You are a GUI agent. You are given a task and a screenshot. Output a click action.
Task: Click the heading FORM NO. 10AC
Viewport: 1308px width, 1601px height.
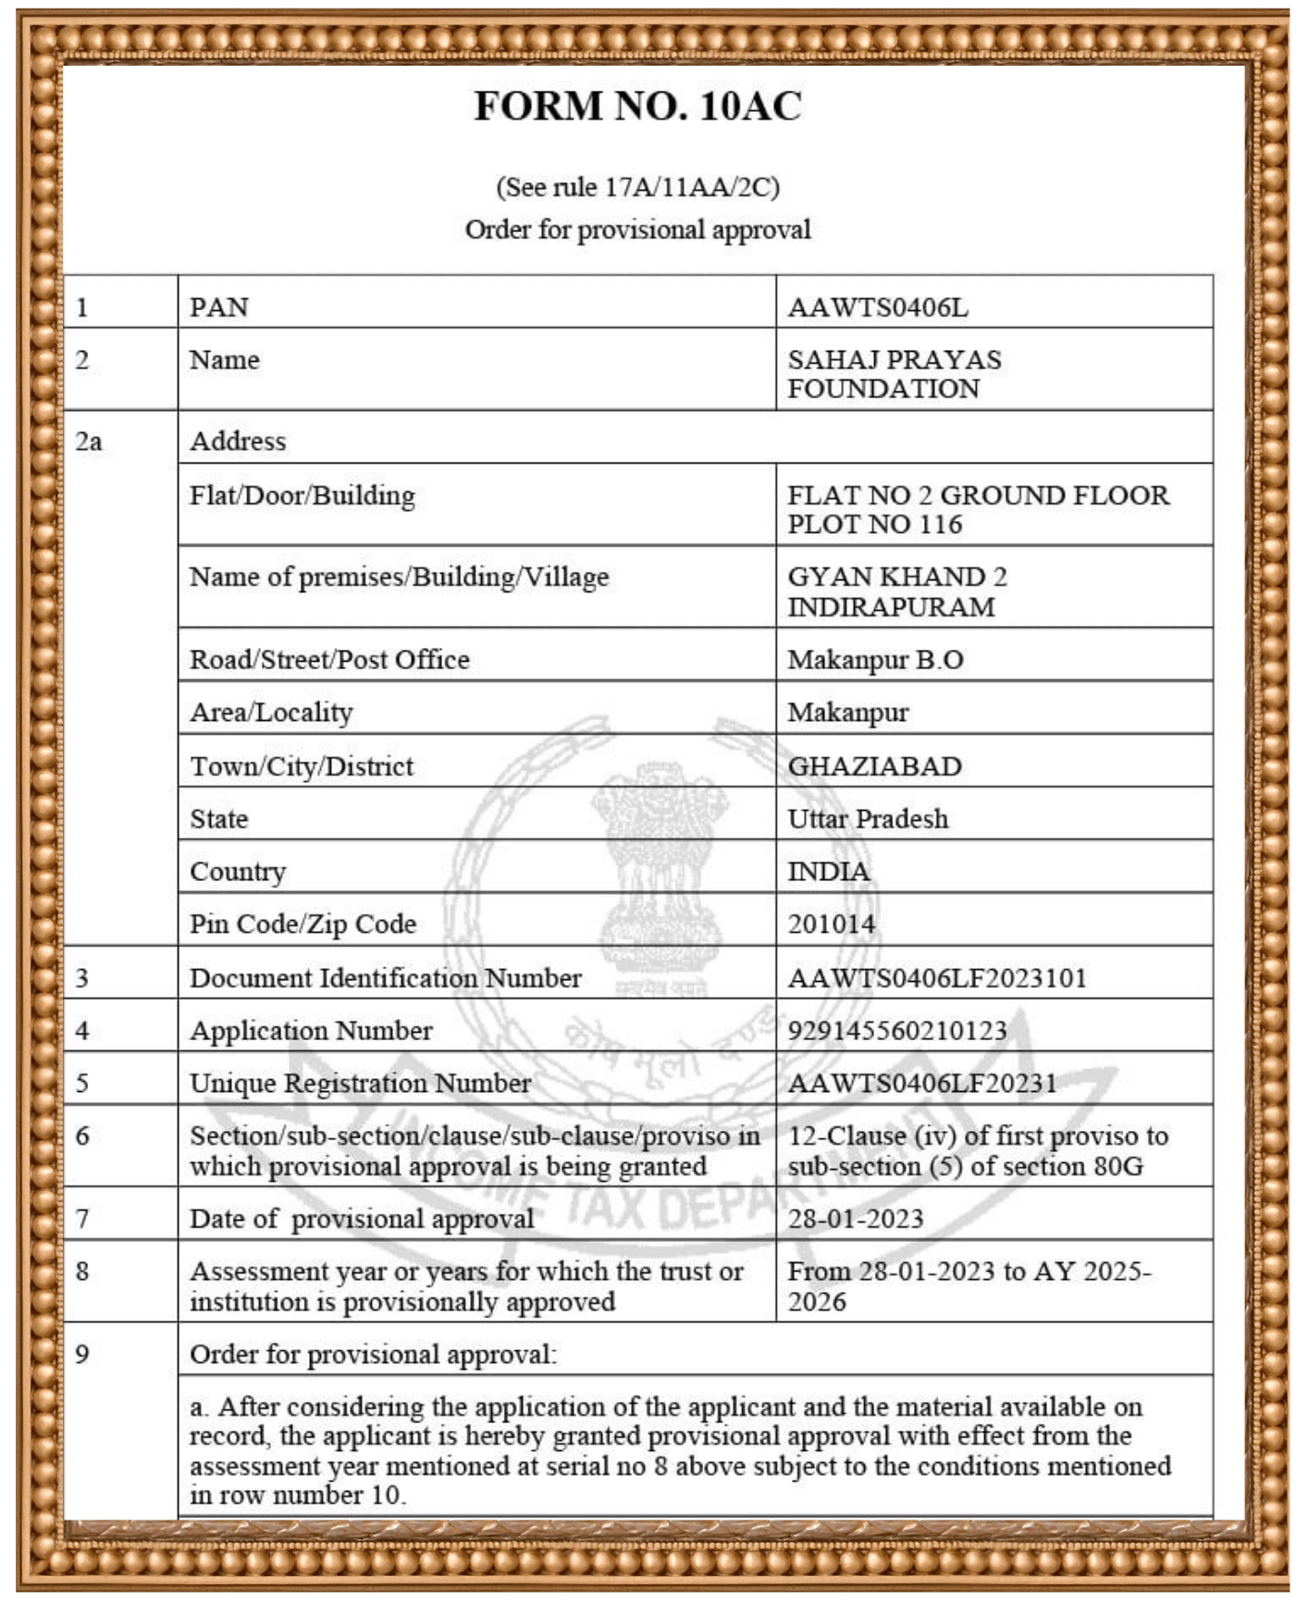637,106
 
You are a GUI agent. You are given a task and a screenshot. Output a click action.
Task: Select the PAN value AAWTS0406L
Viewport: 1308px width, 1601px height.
878,307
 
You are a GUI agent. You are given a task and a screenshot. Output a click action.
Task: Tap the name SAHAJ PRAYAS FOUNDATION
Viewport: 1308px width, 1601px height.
894,374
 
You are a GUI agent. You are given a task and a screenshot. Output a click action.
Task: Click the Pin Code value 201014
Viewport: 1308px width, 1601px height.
831,924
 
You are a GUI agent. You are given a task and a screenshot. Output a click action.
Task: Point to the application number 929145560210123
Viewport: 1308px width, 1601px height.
896,1030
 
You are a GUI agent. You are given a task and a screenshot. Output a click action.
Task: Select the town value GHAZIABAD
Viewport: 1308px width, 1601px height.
874,766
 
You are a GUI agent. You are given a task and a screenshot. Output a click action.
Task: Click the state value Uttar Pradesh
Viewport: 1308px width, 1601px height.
868,819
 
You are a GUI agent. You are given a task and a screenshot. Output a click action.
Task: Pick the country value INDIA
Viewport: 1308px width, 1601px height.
828,872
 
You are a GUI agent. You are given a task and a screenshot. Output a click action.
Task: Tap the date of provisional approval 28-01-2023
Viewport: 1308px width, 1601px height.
856,1219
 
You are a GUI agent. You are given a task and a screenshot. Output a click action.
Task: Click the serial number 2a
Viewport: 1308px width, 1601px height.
89,441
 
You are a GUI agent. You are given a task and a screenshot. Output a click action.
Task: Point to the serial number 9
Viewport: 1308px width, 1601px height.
82,1354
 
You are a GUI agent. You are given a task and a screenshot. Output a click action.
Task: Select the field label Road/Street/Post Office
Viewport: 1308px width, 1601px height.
329,660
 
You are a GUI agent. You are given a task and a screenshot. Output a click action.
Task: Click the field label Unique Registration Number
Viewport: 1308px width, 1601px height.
360,1083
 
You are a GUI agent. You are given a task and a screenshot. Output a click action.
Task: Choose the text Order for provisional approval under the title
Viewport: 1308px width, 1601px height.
637,230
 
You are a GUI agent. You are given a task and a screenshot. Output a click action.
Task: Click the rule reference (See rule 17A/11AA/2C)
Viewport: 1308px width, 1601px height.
637,187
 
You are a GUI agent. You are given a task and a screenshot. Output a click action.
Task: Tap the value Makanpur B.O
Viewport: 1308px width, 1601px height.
875,660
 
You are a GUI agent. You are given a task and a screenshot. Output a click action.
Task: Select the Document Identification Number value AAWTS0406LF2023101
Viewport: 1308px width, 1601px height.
937,978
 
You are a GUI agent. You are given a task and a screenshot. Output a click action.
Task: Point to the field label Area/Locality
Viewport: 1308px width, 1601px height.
271,713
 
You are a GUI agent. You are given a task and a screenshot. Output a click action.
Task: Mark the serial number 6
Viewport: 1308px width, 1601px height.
82,1136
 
